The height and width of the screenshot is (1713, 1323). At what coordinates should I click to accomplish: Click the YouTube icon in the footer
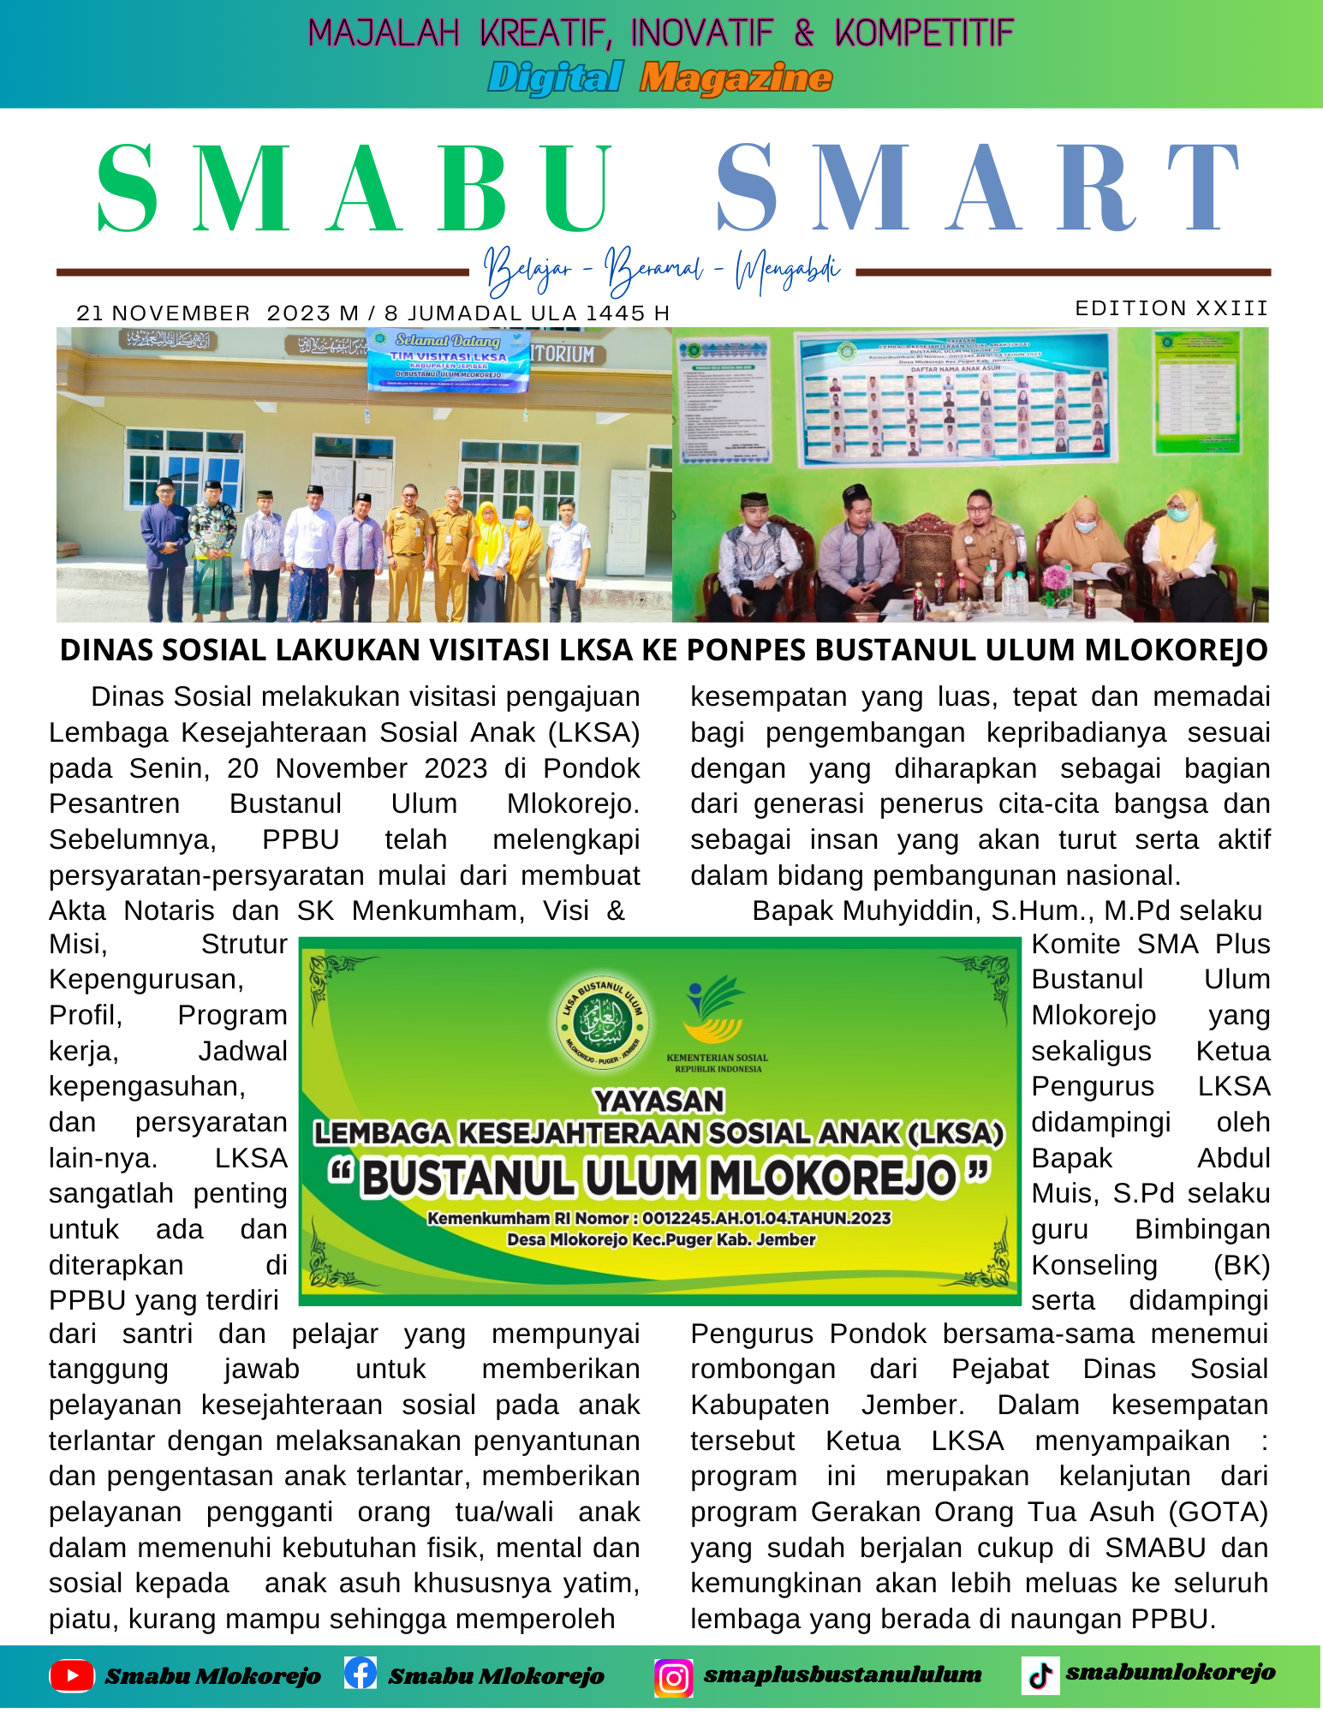click(x=72, y=1676)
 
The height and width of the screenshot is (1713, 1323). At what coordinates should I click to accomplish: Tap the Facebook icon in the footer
click(x=361, y=1673)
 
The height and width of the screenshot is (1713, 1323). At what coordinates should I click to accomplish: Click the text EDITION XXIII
click(x=1171, y=308)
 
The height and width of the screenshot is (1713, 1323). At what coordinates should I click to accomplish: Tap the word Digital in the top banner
click(x=555, y=78)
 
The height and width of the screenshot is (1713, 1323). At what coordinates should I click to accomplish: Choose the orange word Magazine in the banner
click(x=736, y=78)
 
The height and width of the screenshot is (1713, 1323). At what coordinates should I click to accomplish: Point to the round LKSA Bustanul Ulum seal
click(x=602, y=1023)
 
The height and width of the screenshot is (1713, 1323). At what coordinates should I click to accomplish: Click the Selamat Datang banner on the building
click(x=448, y=361)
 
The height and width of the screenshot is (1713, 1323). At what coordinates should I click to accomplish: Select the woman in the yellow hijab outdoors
click(x=488, y=548)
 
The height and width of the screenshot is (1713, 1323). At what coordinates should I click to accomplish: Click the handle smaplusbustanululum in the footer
click(x=842, y=1674)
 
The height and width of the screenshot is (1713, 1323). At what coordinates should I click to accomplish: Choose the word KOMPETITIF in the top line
click(x=924, y=33)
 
